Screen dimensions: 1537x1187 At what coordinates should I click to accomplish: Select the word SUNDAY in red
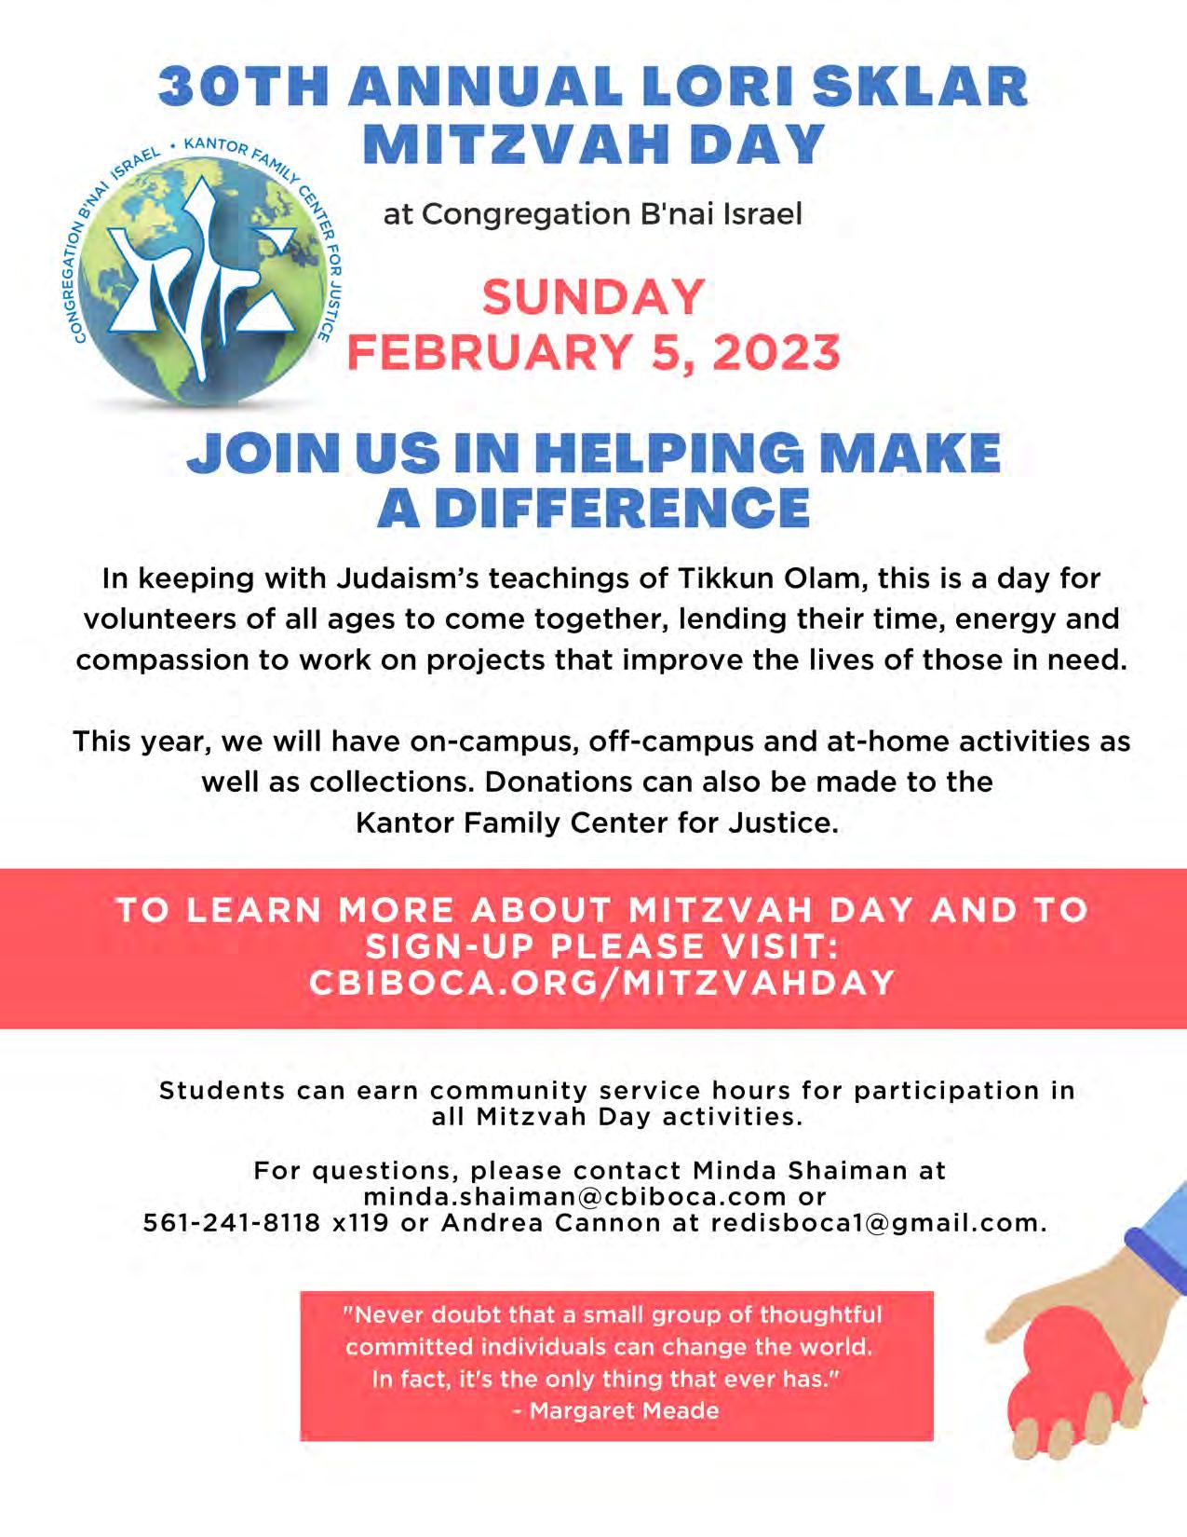pyautogui.click(x=593, y=298)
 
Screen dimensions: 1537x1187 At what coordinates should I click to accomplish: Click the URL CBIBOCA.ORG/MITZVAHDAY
pyautogui.click(x=602, y=983)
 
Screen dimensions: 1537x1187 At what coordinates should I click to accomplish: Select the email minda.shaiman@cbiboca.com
pyautogui.click(x=575, y=1196)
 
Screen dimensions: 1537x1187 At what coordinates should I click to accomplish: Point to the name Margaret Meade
pyautogui.click(x=625, y=1410)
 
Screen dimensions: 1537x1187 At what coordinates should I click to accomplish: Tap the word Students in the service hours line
pyautogui.click(x=222, y=1090)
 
